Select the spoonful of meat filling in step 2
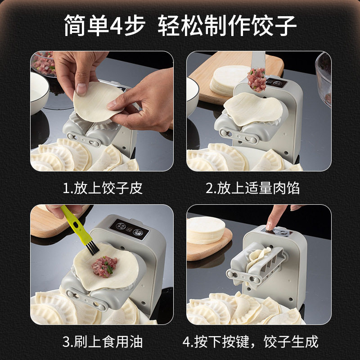click(x=257, y=80)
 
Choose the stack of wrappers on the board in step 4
click(x=205, y=229)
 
